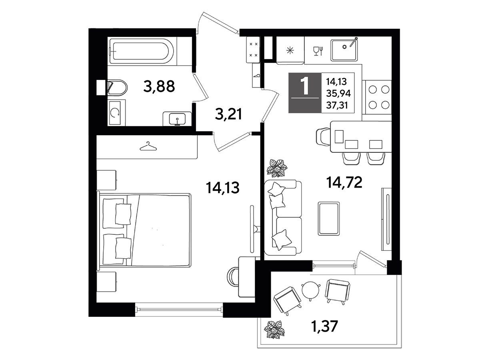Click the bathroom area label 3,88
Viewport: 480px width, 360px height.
[159, 86]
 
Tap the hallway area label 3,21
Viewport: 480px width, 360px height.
[228, 114]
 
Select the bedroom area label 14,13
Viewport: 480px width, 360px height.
[223, 188]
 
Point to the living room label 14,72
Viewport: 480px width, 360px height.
[344, 182]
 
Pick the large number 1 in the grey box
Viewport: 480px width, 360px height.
[305, 86]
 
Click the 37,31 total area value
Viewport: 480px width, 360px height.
[337, 106]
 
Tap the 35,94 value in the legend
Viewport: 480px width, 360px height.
[338, 94]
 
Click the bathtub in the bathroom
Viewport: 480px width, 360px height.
[142, 51]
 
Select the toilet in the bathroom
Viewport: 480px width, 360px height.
[117, 88]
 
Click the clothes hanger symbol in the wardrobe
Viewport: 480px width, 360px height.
[148, 146]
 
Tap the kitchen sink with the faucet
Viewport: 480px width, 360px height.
[344, 50]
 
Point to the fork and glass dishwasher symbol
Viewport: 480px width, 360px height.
[318, 51]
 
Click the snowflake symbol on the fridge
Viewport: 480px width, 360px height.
[290, 51]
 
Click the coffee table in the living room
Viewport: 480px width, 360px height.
[329, 218]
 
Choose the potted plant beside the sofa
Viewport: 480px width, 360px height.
[277, 168]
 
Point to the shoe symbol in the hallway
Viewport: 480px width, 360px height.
[256, 76]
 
